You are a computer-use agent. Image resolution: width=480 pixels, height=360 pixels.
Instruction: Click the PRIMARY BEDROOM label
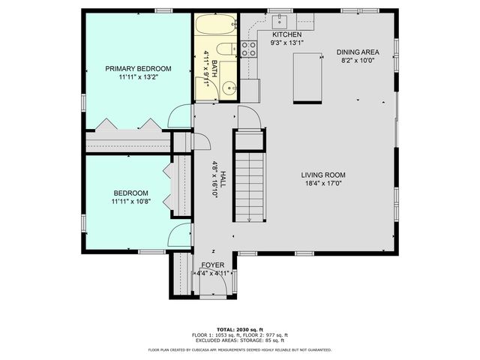[138, 68]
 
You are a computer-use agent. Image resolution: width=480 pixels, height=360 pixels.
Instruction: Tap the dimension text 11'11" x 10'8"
[131, 201]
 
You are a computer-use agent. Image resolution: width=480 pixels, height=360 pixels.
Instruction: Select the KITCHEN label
[286, 35]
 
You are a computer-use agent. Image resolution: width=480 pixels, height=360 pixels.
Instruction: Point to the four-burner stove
[248, 49]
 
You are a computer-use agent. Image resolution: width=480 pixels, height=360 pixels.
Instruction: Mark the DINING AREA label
[357, 52]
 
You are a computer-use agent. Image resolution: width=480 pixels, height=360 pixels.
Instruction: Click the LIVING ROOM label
[324, 175]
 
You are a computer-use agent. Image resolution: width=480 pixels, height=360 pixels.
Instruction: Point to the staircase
[249, 184]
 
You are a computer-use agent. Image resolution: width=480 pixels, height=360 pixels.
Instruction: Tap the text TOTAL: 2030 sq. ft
[239, 329]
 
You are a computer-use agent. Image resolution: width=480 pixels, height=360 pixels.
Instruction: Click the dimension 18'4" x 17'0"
[324, 184]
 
